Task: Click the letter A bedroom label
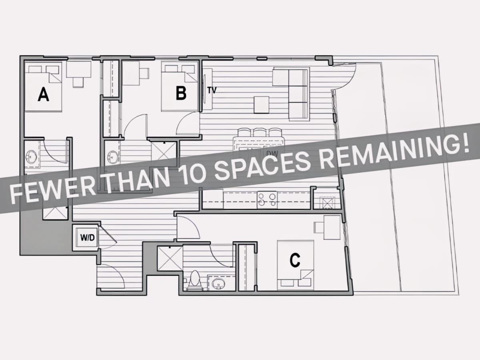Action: click(43, 94)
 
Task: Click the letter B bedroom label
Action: click(181, 93)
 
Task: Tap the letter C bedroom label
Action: click(295, 260)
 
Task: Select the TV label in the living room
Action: click(212, 90)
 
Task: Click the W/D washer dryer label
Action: click(88, 238)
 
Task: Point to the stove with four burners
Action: click(267, 200)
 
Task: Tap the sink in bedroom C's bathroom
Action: click(218, 284)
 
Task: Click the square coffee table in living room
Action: click(261, 105)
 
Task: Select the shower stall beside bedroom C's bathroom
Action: click(170, 258)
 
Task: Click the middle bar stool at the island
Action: click(259, 133)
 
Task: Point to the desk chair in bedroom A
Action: click(78, 82)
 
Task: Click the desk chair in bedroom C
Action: click(319, 228)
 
